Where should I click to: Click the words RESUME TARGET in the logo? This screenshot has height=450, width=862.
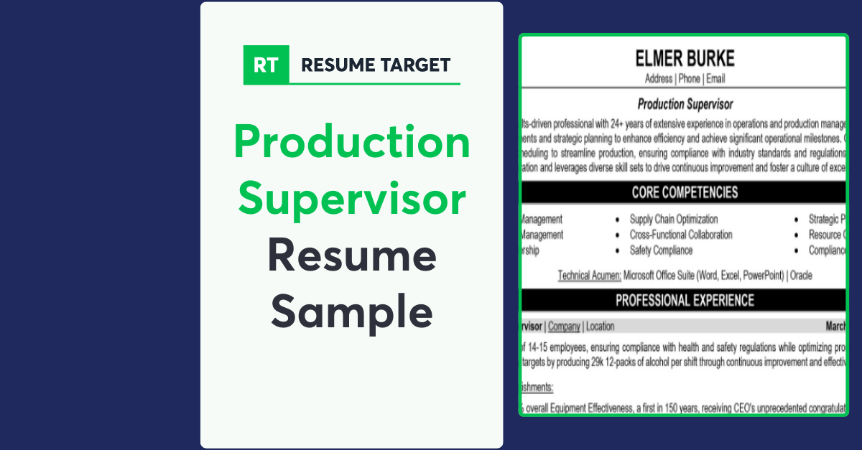(376, 65)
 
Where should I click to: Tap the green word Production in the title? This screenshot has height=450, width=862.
(352, 142)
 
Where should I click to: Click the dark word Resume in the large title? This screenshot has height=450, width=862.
(352, 256)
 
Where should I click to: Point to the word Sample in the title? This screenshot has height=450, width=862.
(352, 311)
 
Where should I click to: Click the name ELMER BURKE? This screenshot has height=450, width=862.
(684, 58)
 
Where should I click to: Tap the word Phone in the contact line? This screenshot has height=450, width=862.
(689, 79)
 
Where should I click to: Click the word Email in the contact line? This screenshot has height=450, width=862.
(715, 79)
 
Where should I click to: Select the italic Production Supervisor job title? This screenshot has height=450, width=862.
(685, 105)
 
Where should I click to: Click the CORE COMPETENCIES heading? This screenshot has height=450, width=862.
(685, 192)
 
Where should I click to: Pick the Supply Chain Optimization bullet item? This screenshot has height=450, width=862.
(674, 219)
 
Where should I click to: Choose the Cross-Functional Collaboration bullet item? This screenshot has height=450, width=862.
(681, 235)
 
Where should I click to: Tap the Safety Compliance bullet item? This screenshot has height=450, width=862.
(661, 250)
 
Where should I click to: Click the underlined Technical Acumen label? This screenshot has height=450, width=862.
(589, 275)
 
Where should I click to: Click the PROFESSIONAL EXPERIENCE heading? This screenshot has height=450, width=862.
(685, 300)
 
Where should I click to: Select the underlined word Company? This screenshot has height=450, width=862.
(564, 327)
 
